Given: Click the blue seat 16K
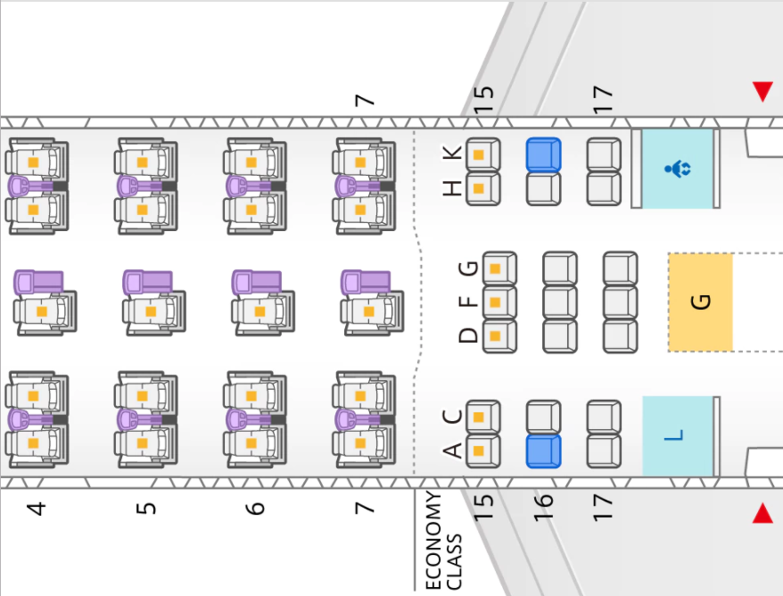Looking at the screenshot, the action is (543, 155).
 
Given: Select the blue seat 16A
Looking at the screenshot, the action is (543, 451).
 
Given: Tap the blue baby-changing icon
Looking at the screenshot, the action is (678, 169).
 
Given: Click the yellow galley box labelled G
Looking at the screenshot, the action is (700, 302).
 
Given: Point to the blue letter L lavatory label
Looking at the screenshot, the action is (673, 435).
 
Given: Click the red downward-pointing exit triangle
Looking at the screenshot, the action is (762, 92).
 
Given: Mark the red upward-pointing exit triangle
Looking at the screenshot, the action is (762, 513).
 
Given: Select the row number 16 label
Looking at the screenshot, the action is (543, 508).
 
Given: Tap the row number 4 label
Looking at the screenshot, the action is (37, 509).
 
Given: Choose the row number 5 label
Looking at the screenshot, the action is (146, 509).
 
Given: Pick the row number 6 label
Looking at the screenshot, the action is (255, 509).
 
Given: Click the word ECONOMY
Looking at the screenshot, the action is (433, 541).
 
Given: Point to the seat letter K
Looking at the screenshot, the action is (452, 153).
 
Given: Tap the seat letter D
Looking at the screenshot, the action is (468, 335).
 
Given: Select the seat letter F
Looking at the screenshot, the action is (468, 302).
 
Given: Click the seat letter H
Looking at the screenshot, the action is (452, 188).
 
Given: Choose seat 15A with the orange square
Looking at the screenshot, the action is (482, 451).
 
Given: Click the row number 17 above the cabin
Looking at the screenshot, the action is (603, 99).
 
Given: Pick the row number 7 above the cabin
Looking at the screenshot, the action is (365, 100).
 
